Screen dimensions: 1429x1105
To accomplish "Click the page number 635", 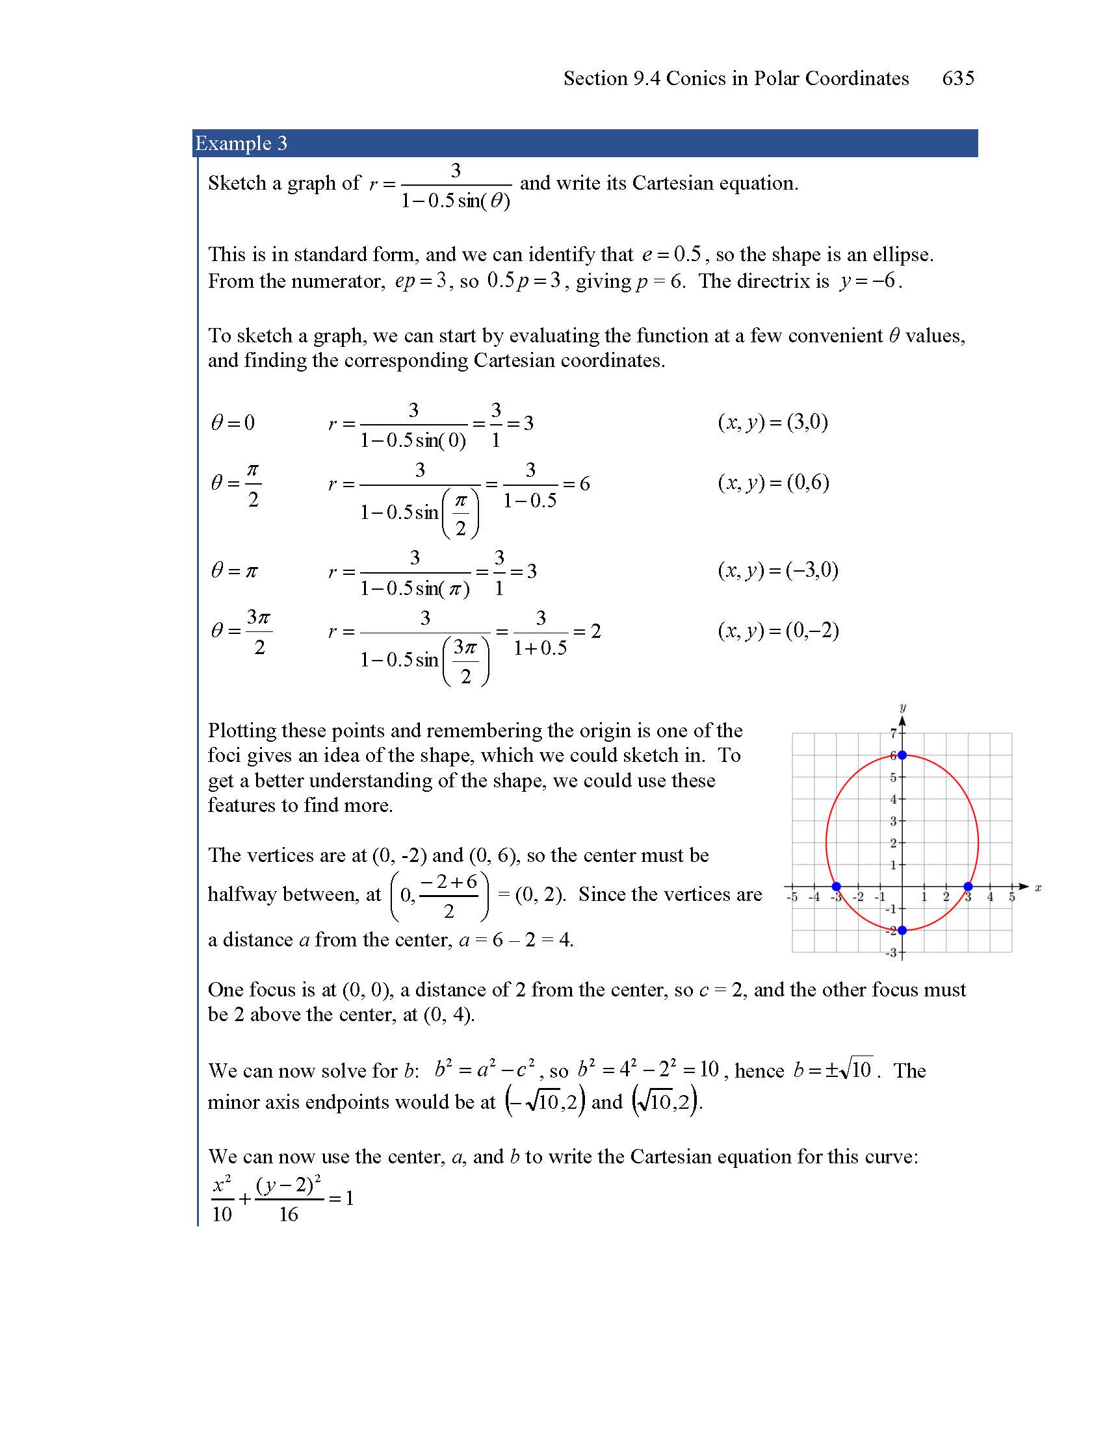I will (x=957, y=79).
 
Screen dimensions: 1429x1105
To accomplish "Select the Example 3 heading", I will (x=241, y=144).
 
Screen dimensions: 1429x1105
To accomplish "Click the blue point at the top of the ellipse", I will (x=902, y=755).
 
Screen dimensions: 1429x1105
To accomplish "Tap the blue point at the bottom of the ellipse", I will (x=902, y=929).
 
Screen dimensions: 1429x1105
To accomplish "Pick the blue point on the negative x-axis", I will (x=836, y=887).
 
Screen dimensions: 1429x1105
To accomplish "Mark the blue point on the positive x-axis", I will (x=968, y=887).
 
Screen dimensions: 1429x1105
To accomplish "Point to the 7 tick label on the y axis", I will (x=893, y=733).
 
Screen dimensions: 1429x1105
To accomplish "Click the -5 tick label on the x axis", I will (x=792, y=897).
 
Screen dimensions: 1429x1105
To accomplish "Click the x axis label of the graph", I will (x=1038, y=888).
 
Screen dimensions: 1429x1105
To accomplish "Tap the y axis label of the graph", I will (x=903, y=707).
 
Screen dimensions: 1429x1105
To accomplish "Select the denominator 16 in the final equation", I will (x=288, y=1215).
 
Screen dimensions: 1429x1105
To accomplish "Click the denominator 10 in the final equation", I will (x=222, y=1215).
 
